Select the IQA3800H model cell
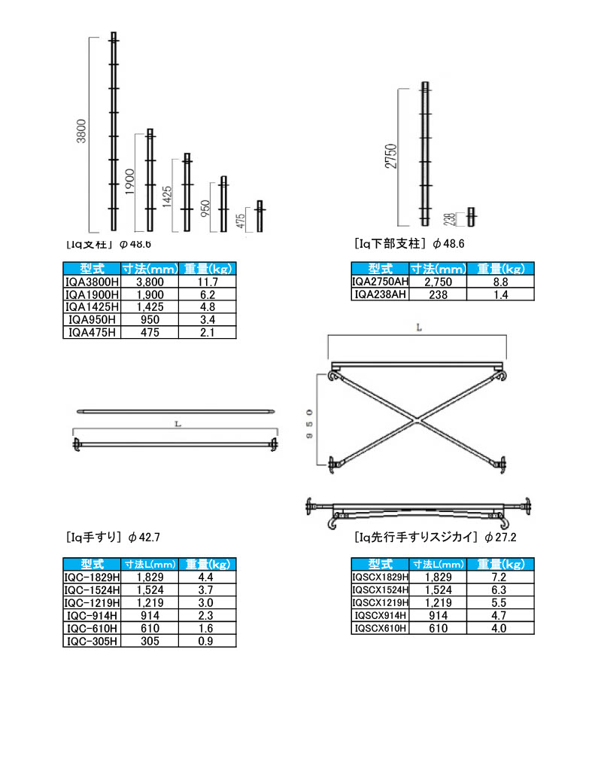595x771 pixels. [x=92, y=281]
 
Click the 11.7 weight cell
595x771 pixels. [x=207, y=281]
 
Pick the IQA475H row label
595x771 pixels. [x=92, y=332]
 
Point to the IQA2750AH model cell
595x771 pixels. [x=380, y=282]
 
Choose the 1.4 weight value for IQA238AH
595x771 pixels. [x=500, y=295]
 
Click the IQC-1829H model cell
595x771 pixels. [x=92, y=577]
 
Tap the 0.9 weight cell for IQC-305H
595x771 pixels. [x=207, y=641]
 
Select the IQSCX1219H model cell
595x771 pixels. [x=381, y=602]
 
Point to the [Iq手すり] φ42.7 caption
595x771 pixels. [x=113, y=538]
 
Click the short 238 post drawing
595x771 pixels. [x=472, y=217]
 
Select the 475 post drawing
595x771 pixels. [x=260, y=216]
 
